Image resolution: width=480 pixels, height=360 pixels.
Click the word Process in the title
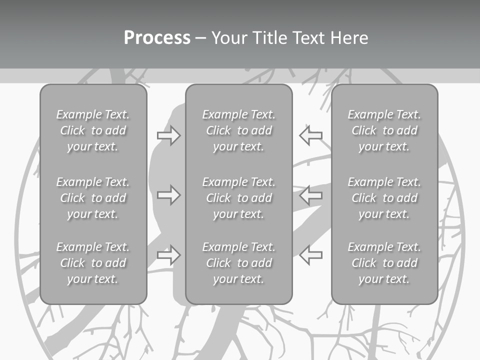[157, 38]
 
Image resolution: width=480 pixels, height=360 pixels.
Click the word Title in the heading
[270, 37]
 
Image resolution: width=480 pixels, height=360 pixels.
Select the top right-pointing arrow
[168, 135]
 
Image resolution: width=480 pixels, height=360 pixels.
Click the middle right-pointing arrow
[168, 195]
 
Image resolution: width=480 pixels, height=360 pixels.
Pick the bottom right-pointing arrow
[168, 254]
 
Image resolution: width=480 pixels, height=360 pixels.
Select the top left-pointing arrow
[310, 135]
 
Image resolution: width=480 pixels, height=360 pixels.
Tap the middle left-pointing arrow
[310, 195]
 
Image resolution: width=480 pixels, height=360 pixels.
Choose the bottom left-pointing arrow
[310, 254]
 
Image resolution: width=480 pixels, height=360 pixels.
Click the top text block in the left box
[93, 130]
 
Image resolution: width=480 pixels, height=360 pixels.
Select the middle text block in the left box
[93, 198]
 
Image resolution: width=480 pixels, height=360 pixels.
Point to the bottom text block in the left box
[93, 263]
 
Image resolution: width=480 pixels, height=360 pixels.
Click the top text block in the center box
[239, 130]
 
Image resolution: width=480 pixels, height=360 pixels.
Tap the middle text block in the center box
[239, 198]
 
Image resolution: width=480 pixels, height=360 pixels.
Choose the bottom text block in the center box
[239, 263]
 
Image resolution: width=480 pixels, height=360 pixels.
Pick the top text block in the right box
[384, 130]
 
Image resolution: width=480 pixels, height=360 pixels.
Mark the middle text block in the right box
[384, 198]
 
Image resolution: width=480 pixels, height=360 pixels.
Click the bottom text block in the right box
[384, 263]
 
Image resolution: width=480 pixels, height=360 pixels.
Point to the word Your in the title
[229, 37]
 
